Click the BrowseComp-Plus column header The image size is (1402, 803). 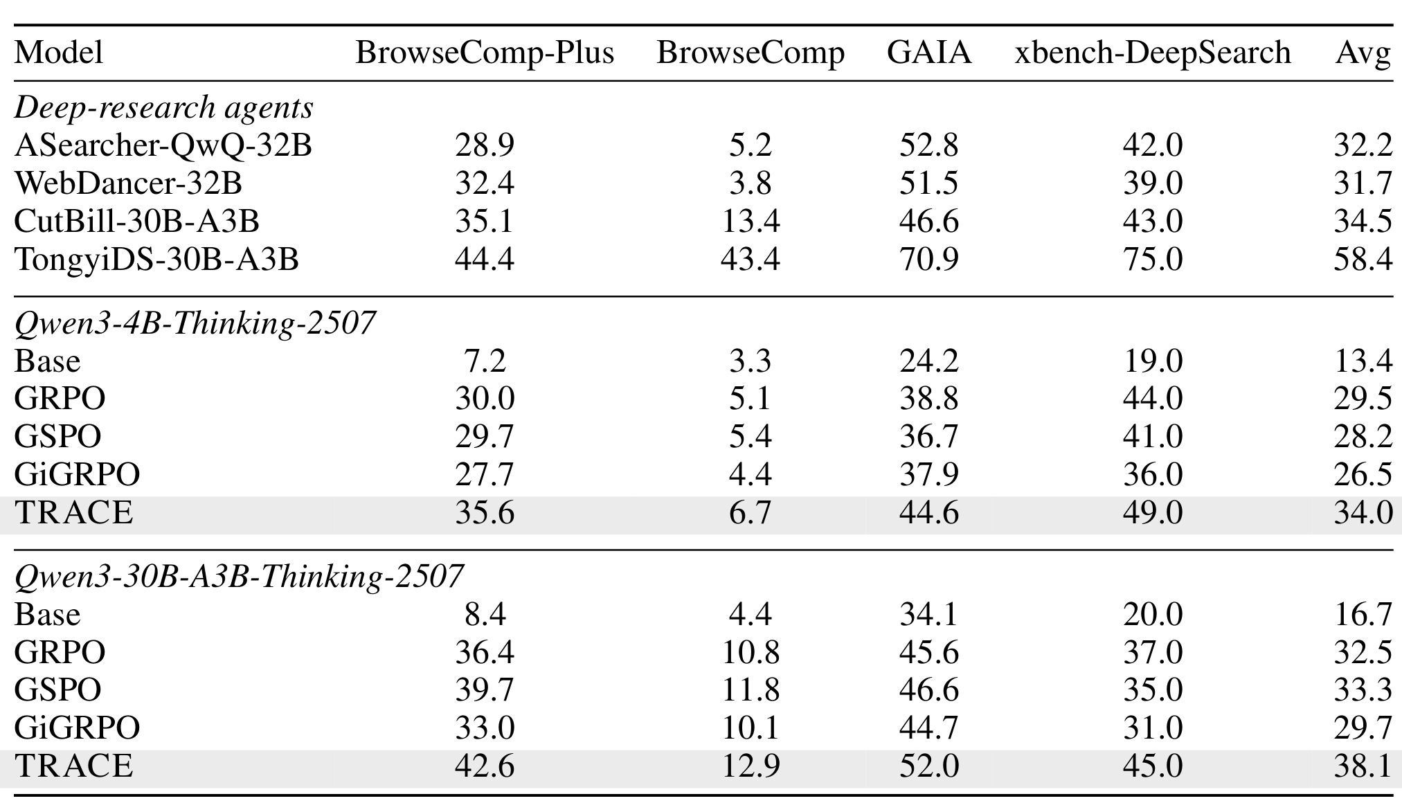coord(485,53)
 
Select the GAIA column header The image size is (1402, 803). coord(929,53)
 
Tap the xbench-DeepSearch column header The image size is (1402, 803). coord(1153,53)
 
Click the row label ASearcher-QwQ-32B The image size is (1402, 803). coord(163,145)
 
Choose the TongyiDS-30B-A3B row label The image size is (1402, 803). coord(156,260)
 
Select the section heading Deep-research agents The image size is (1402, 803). coord(164,107)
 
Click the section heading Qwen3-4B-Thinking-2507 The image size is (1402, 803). coord(195,323)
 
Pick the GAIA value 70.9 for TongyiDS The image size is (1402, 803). coord(929,260)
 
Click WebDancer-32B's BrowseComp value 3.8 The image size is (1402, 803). coord(751,183)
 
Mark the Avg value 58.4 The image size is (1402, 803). coord(1363,260)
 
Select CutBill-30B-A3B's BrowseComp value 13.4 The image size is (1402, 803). coord(751,222)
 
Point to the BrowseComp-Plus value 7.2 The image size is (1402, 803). coord(485,361)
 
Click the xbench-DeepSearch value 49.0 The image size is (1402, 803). coord(1153,513)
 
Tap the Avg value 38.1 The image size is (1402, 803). coord(1363,766)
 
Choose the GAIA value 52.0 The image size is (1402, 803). coord(929,766)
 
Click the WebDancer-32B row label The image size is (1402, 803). coord(128,183)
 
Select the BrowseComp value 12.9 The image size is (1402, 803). coord(751,766)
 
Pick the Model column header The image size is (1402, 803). coord(58,53)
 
